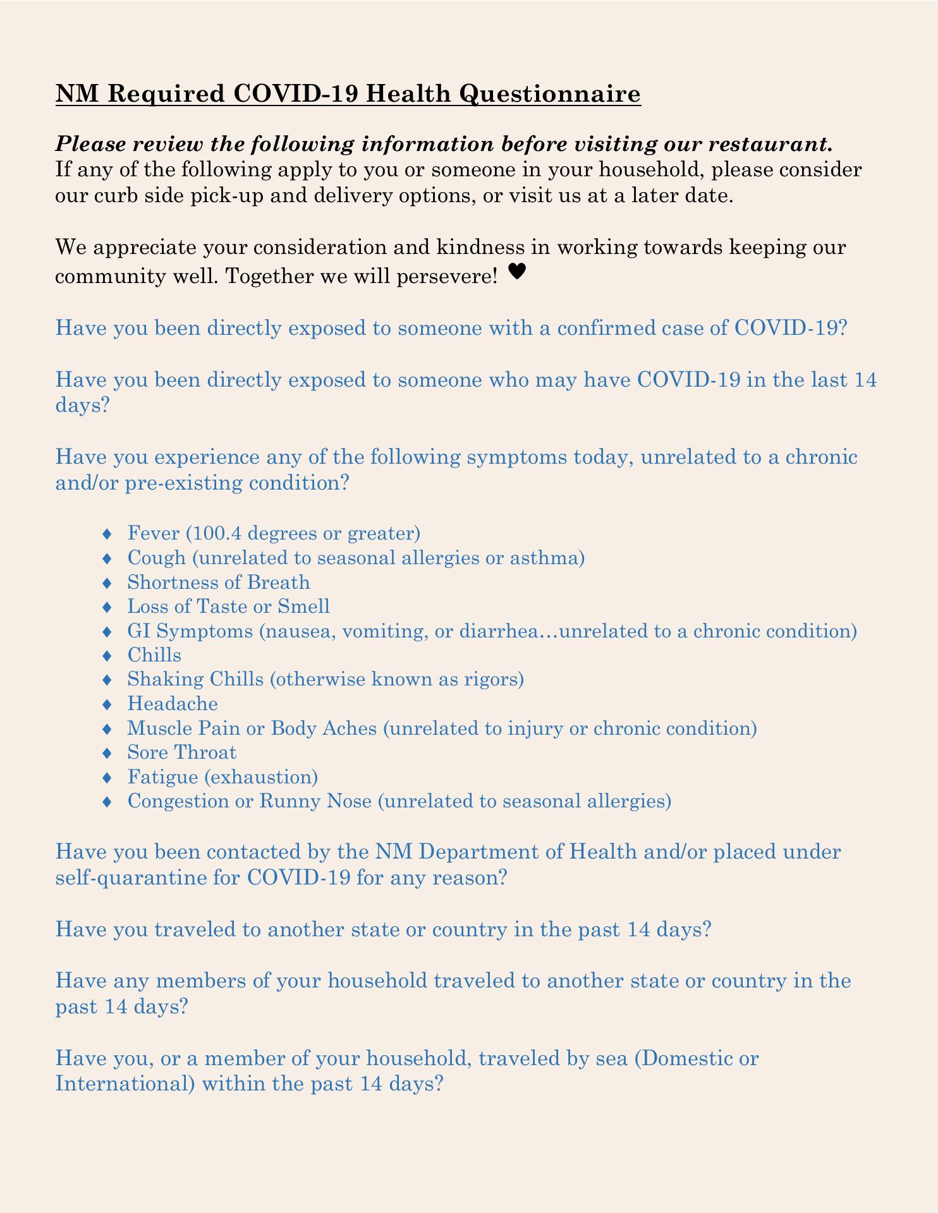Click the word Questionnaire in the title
(x=549, y=94)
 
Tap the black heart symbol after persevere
(x=517, y=272)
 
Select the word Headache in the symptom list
(x=172, y=704)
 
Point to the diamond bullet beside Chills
(x=107, y=656)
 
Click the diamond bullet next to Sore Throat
(x=107, y=753)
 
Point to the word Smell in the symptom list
(x=303, y=606)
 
